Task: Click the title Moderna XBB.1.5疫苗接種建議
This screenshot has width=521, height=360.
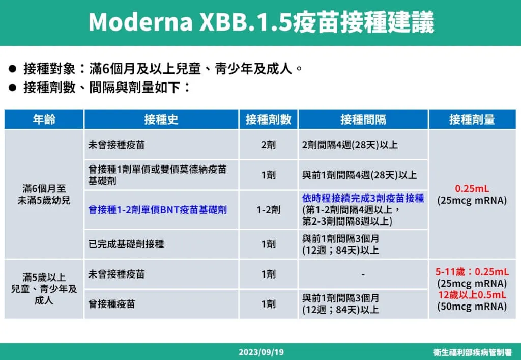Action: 260,22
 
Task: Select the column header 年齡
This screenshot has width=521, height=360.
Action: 44,120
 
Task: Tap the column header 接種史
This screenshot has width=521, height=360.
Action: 161,120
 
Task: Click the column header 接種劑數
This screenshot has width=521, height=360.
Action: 268,120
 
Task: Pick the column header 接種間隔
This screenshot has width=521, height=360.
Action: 363,120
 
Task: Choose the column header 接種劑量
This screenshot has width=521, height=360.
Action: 472,120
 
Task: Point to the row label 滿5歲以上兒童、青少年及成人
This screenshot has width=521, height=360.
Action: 44,289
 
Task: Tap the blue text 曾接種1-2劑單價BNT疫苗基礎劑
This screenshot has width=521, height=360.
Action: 158,209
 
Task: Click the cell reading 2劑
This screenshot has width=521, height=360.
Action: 268,145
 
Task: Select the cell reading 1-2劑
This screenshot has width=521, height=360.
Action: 268,209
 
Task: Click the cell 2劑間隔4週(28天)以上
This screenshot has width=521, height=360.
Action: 350,145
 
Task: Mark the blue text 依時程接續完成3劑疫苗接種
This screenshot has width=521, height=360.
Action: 363,198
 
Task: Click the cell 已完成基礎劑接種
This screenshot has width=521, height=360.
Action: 126,244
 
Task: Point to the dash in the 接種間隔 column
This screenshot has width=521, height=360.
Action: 363,274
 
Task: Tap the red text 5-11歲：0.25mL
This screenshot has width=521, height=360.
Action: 472,272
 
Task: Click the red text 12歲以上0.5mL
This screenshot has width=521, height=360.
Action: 472,295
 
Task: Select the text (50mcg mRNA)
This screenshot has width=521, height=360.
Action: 472,307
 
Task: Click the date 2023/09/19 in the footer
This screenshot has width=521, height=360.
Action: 260,352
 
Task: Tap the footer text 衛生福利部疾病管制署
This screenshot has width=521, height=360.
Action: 472,352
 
